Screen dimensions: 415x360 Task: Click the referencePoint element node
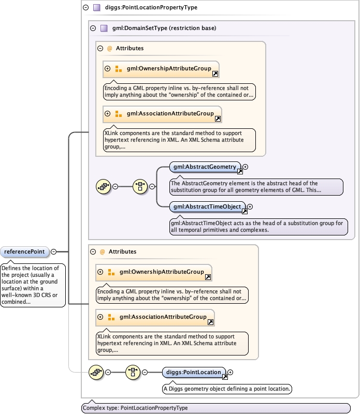tap(25, 252)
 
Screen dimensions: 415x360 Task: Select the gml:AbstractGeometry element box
tap(205, 167)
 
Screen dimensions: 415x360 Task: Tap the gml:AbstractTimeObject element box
tap(206, 206)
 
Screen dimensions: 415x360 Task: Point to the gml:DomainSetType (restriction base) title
tap(164, 28)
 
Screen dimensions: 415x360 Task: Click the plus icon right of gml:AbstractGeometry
tap(246, 167)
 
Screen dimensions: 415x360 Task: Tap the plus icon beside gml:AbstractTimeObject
tap(250, 206)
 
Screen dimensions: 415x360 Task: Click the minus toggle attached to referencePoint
tap(54, 252)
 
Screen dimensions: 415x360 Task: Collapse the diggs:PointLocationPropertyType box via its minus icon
tap(85, 8)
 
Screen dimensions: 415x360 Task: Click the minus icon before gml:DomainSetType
tap(93, 28)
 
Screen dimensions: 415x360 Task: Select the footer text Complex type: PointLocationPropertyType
tap(135, 408)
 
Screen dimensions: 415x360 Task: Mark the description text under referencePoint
tap(33, 285)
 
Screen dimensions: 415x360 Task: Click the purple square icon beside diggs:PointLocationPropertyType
tap(96, 8)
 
